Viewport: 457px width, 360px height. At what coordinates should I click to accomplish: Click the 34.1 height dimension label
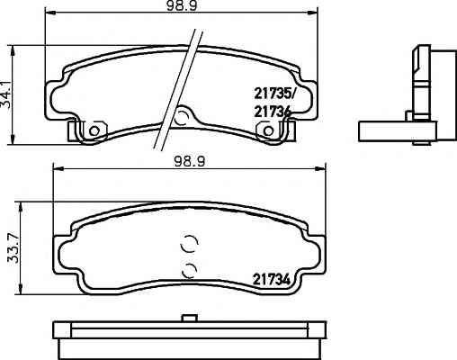6,94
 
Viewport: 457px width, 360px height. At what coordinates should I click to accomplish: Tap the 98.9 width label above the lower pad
190,162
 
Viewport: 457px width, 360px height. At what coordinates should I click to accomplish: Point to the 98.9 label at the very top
182,5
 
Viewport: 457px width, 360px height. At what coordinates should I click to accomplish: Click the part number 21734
272,280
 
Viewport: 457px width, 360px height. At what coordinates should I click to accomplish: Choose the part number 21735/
274,94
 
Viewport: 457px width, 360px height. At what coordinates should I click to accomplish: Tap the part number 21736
273,112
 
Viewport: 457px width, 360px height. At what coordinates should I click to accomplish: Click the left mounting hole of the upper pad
94,130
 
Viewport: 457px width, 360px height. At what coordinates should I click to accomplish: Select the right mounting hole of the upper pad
268,130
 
